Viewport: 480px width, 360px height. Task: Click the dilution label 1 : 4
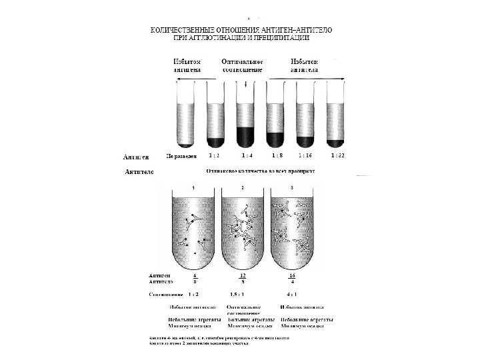(x=247, y=157)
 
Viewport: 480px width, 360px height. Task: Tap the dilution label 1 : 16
(x=305, y=157)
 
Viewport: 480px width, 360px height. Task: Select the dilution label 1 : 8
(x=276, y=157)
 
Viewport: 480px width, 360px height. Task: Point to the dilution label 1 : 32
(x=337, y=157)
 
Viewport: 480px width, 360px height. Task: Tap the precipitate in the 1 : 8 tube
(x=276, y=139)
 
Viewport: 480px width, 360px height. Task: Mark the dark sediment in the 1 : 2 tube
(x=215, y=142)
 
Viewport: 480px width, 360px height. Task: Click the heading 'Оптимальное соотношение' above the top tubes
(x=241, y=65)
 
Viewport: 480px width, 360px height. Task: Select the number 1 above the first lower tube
(x=193, y=188)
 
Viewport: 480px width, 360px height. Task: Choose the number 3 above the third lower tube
(x=292, y=188)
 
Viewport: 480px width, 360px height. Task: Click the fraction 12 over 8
(x=243, y=278)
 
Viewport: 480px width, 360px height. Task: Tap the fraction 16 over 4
(x=292, y=278)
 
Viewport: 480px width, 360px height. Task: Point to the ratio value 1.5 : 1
(x=239, y=293)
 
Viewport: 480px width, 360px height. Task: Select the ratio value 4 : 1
(x=291, y=293)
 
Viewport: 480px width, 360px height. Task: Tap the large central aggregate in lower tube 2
(x=242, y=230)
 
